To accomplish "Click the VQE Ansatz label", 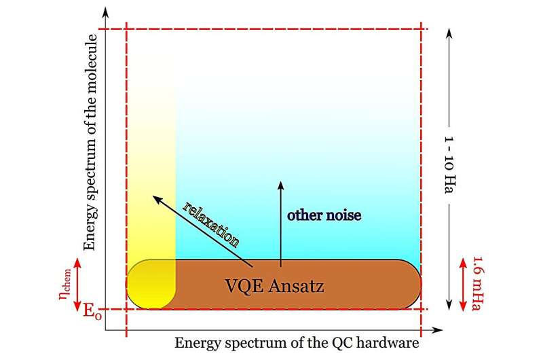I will coord(274,285).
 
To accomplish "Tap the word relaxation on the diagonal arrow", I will coord(212,223).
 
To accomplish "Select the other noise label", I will coord(324,215).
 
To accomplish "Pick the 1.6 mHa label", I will coord(477,282).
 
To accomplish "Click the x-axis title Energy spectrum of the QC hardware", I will coord(297,343).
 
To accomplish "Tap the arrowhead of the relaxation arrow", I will coord(155,198).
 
